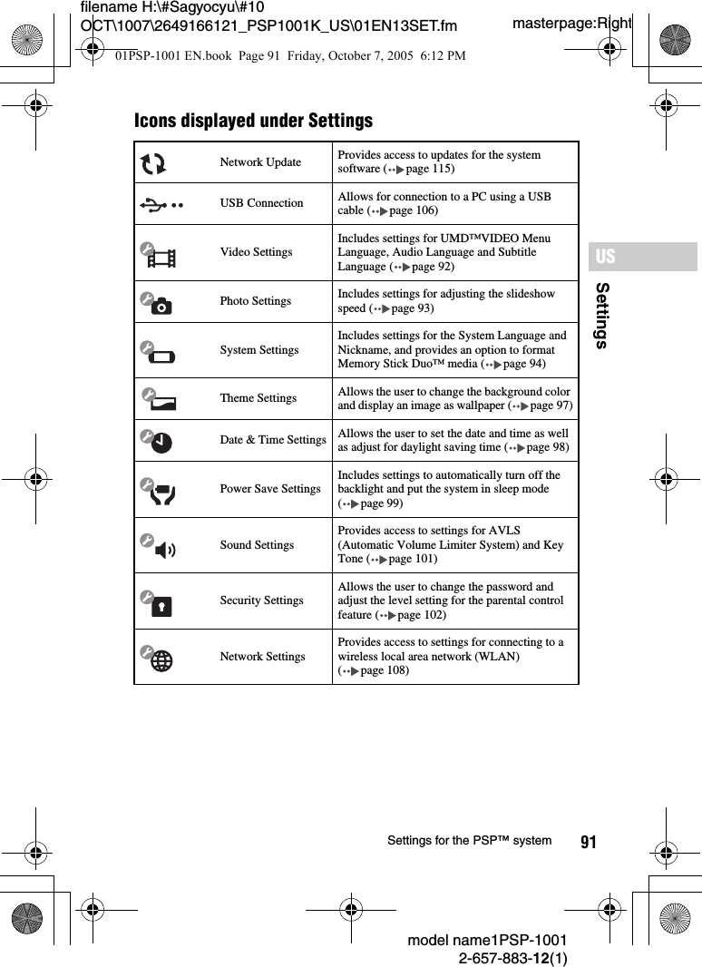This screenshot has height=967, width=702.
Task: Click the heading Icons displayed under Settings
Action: [x=253, y=121]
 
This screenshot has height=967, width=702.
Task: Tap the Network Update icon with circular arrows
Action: [x=154, y=163]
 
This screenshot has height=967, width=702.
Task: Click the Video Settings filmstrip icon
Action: [x=159, y=255]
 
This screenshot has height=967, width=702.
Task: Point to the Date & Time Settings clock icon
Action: [x=159, y=442]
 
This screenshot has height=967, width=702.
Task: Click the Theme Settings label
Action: [x=258, y=398]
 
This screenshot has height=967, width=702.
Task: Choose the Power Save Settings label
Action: [x=269, y=489]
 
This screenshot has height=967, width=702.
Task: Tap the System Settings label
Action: [x=258, y=350]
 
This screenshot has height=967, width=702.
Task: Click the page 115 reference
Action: [x=429, y=169]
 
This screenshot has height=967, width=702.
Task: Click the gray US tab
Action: [x=642, y=257]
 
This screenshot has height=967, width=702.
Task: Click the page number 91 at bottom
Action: [x=589, y=843]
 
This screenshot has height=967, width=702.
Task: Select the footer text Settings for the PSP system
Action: [x=469, y=841]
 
